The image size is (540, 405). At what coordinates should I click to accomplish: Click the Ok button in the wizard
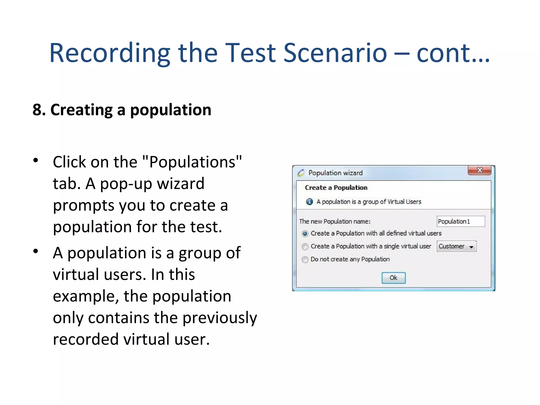[x=393, y=278]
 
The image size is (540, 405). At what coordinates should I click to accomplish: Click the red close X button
[x=479, y=170]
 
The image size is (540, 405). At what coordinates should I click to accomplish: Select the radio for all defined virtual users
[x=305, y=234]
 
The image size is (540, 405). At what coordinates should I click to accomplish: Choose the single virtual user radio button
[x=305, y=247]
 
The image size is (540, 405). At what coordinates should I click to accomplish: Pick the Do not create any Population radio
[x=305, y=259]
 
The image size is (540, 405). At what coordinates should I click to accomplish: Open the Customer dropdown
[x=457, y=246]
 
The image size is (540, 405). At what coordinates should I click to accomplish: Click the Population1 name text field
[x=460, y=221]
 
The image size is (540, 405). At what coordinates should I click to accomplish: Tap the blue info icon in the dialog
[x=309, y=202]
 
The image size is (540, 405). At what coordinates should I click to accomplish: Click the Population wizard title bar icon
[x=301, y=173]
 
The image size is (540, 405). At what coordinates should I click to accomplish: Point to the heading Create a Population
[x=336, y=187]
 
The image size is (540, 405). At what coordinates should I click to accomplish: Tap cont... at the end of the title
[x=453, y=53]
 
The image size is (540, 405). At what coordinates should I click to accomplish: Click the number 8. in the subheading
[x=39, y=110]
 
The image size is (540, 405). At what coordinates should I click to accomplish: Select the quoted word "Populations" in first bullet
[x=192, y=162]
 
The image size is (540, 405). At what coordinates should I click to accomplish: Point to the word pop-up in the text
[x=126, y=184]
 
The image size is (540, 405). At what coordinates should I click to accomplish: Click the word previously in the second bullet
[x=220, y=318]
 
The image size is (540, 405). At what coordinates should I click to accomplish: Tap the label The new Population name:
[x=335, y=221]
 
